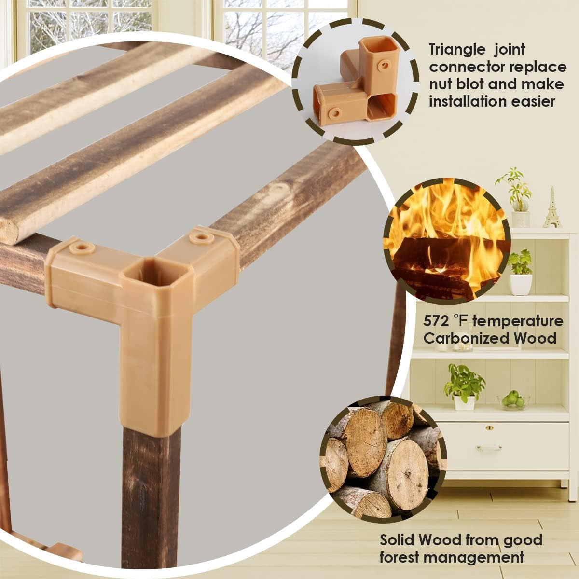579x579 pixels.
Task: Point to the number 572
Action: tap(436, 321)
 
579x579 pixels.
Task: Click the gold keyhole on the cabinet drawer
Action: tap(489, 427)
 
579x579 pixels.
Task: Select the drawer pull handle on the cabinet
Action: tap(489, 448)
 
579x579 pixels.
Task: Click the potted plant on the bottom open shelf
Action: tap(464, 387)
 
